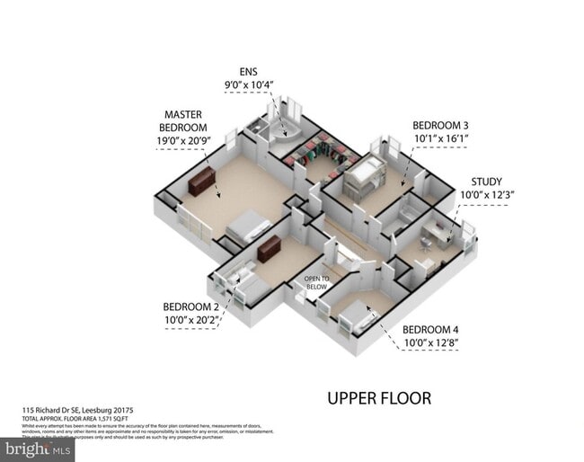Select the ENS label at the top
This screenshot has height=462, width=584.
[x=248, y=71]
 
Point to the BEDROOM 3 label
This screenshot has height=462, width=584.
[x=440, y=125]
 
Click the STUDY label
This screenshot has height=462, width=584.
[x=486, y=181]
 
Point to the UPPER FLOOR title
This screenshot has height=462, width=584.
[x=378, y=397]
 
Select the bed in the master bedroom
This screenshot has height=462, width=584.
[x=248, y=226]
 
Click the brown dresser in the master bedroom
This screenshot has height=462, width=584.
[x=202, y=182]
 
